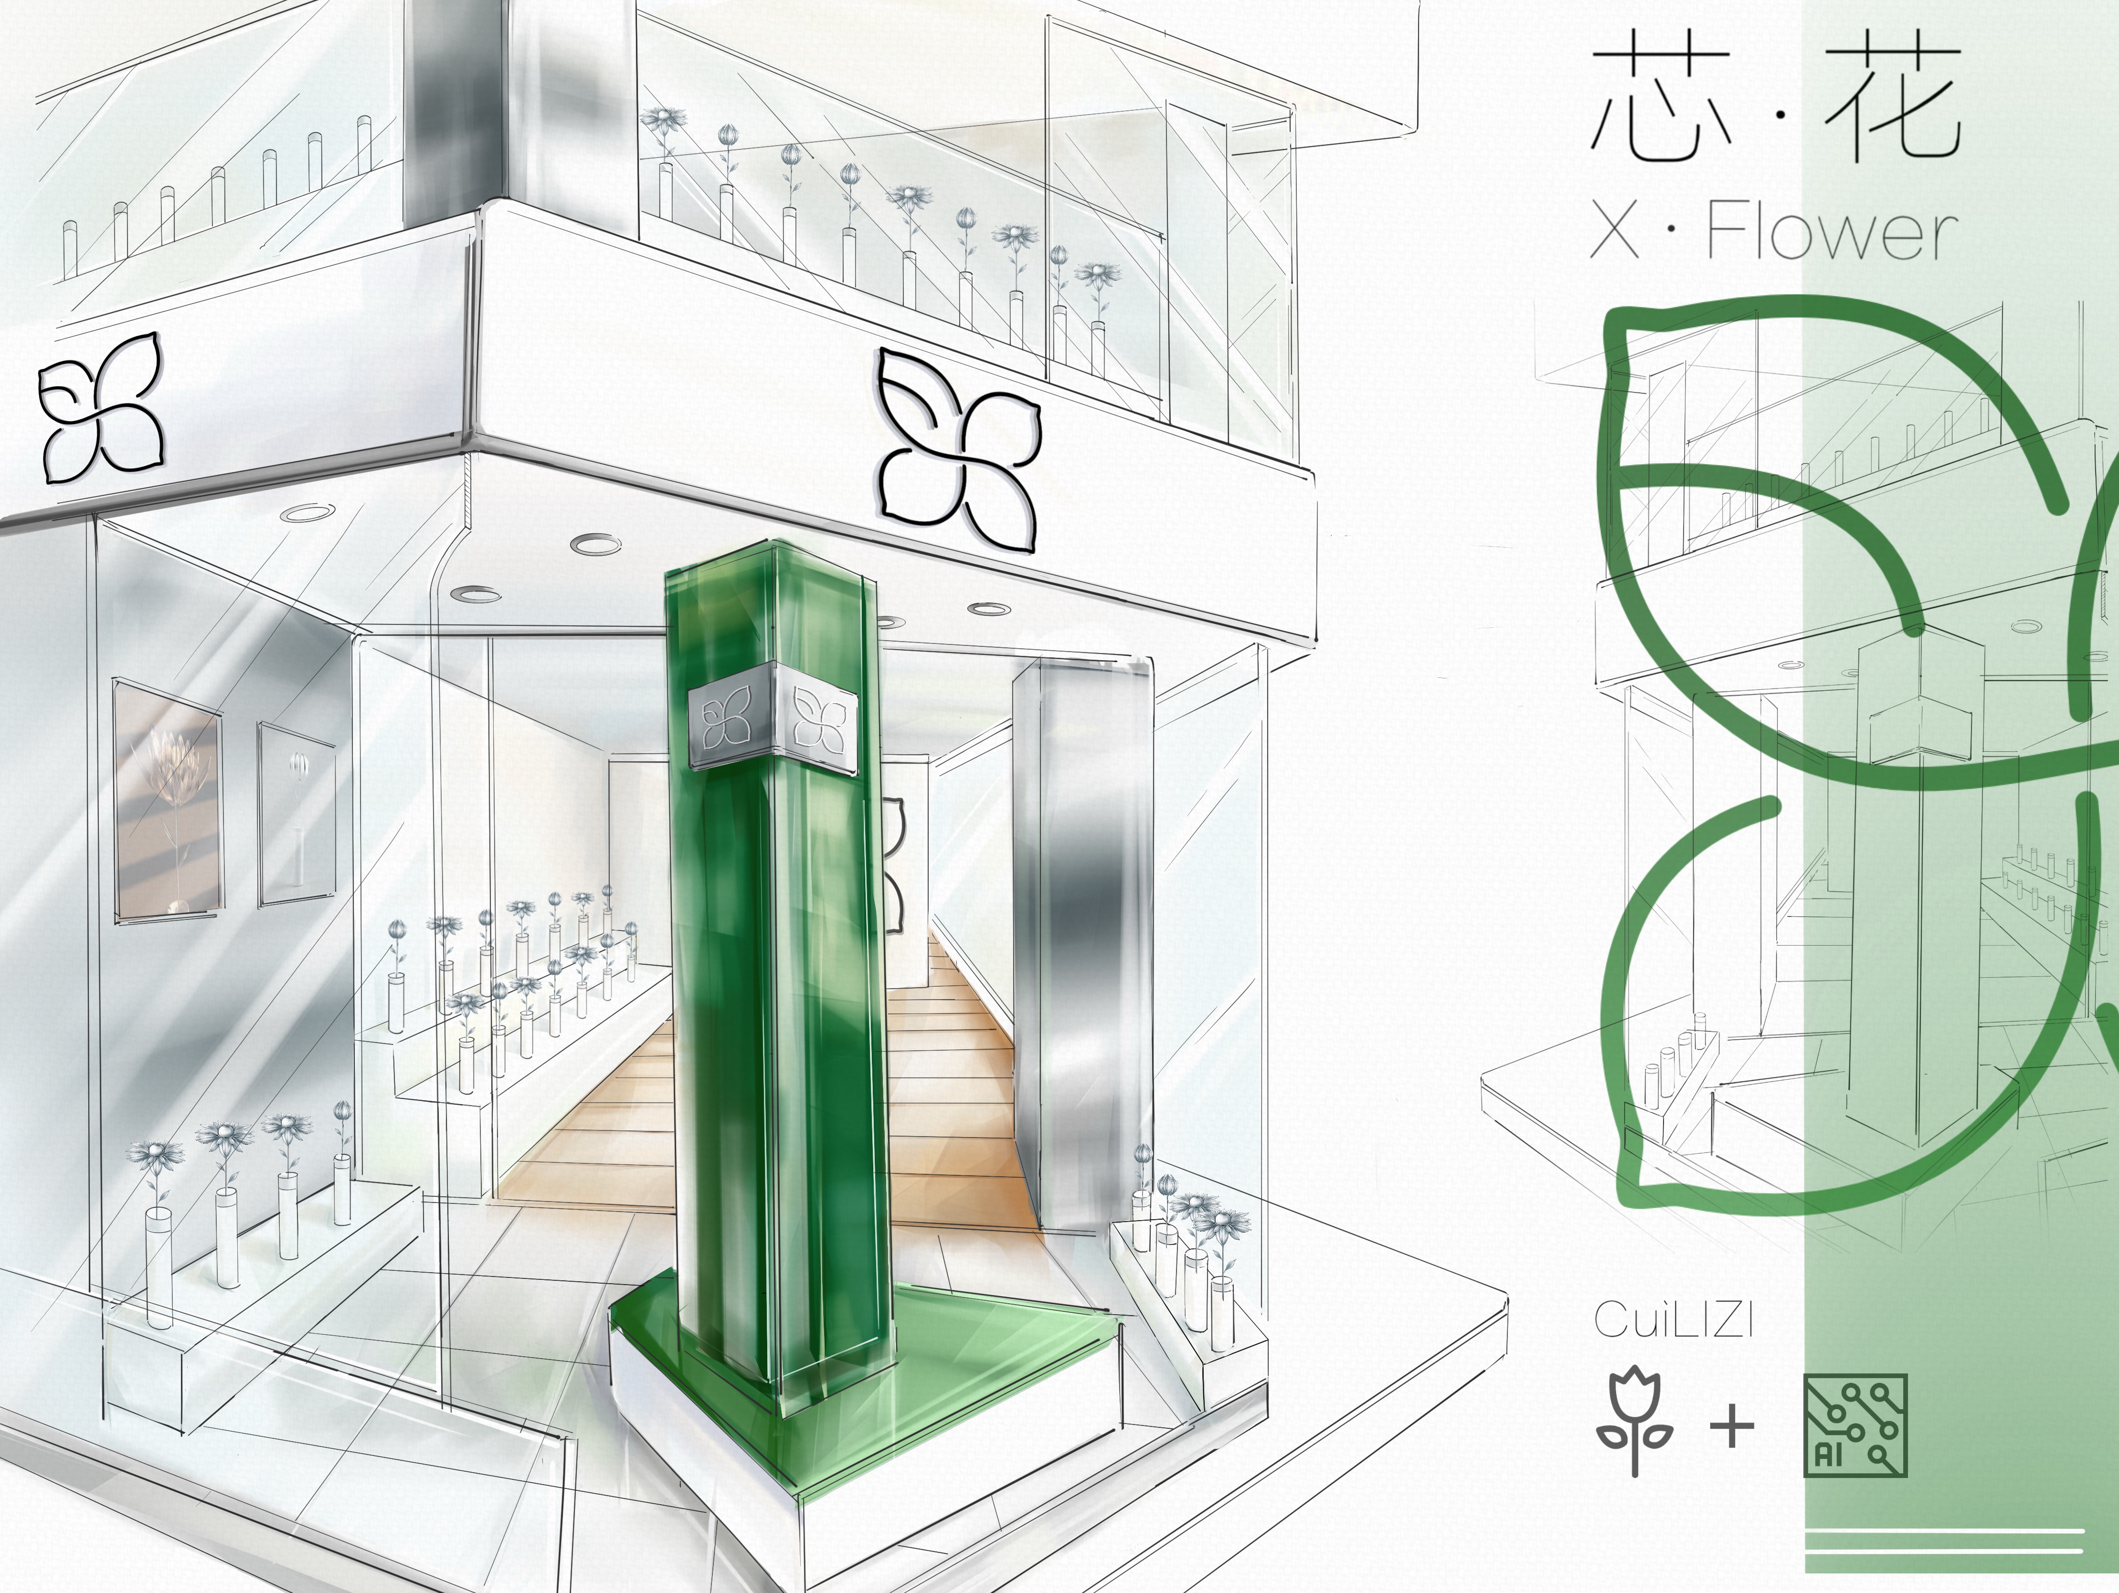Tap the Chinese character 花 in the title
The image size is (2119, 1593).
1892,96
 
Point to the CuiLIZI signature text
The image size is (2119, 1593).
1674,1320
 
